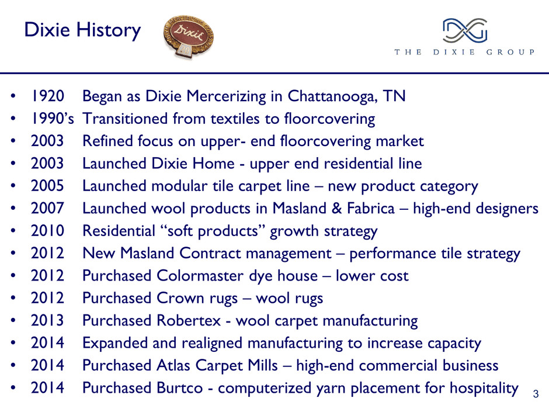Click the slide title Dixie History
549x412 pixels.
point(82,30)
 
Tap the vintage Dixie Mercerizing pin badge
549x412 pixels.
point(189,36)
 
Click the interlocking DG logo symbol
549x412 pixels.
point(465,30)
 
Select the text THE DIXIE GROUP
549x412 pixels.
point(465,52)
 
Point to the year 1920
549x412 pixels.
point(48,96)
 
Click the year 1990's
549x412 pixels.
point(52,119)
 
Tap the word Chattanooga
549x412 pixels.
point(332,96)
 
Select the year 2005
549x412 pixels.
point(48,186)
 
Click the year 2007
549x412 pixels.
point(48,208)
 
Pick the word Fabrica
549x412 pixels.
point(370,208)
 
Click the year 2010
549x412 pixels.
point(48,230)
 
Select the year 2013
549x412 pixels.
point(48,320)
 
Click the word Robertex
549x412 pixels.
point(189,320)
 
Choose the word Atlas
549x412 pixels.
point(173,365)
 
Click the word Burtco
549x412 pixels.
point(180,387)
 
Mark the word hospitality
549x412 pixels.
point(484,388)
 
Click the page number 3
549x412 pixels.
point(536,394)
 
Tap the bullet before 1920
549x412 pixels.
point(13,96)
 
